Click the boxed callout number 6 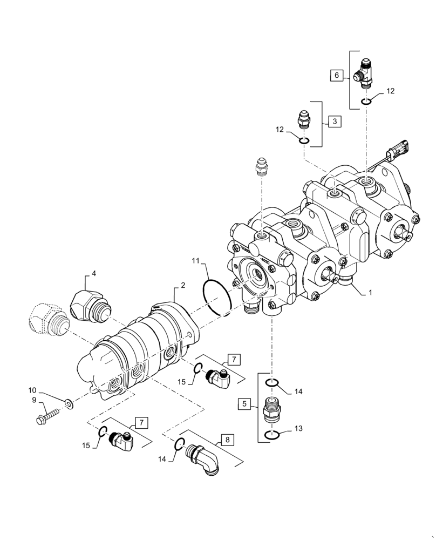tap(337, 76)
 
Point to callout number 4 tap(93, 274)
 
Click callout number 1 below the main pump tap(370, 292)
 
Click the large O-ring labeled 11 tap(217, 296)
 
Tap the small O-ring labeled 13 tap(271, 436)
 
